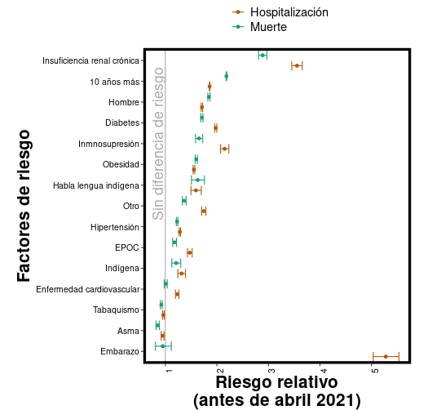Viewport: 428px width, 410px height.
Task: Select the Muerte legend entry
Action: point(268,27)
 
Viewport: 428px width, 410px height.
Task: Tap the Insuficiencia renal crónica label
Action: point(90,61)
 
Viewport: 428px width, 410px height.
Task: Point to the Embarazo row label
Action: point(119,352)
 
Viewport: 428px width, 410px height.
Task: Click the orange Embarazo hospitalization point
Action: point(386,356)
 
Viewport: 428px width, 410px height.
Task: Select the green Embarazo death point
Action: point(163,346)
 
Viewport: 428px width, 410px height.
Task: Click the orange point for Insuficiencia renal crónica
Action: point(297,65)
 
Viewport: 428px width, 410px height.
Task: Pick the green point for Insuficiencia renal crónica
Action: point(263,56)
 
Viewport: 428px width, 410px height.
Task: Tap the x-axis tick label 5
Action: point(374,371)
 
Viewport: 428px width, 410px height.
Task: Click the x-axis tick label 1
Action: point(167,371)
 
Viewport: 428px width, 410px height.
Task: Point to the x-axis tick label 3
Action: point(271,371)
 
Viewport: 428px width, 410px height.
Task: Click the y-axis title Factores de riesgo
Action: point(24,205)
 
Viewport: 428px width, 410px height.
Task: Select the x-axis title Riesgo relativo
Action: point(276,382)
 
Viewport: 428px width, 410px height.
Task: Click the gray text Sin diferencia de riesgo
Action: point(158,144)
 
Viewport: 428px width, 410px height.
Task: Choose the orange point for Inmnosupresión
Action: point(224,149)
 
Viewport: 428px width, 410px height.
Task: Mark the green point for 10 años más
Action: point(226,76)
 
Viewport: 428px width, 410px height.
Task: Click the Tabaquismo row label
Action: point(115,310)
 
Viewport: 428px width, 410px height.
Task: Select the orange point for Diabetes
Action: point(215,127)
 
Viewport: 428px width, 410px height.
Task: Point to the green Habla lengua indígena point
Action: point(197,180)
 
